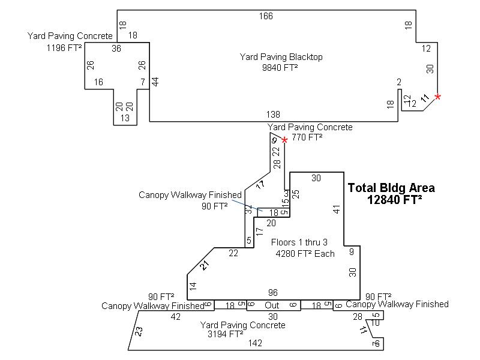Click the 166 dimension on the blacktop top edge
coord(266,16)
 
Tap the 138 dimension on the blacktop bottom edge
coord(273,114)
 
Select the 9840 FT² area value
coord(280,68)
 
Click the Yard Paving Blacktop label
coord(281,57)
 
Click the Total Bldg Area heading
coord(391,188)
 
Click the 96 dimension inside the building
coord(273,293)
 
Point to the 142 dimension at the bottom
coord(256,344)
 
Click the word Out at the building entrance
coord(272,305)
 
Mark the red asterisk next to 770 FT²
coord(285,140)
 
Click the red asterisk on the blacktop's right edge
coord(437,97)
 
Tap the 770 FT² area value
coord(307,137)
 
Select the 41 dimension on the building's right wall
coord(337,209)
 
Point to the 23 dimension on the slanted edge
coord(139,331)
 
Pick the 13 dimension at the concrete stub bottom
coord(125,118)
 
